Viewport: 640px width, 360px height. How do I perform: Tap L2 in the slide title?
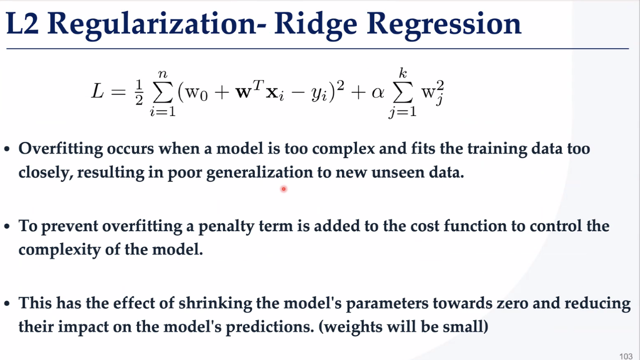coord(22,23)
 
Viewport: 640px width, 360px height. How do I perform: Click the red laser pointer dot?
coord(283,189)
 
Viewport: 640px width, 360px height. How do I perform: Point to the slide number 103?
coord(626,356)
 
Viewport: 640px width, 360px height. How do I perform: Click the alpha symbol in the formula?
coord(378,92)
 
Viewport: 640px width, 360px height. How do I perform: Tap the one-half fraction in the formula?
coord(139,92)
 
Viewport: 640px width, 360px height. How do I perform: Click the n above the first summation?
coord(162,74)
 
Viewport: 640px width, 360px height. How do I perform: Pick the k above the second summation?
coord(403,73)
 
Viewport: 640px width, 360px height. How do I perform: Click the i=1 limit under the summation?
coord(162,111)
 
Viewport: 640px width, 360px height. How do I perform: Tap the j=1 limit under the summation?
coord(402,111)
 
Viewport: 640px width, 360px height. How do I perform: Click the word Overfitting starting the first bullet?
coord(61,149)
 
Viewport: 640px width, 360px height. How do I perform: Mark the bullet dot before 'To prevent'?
coord(7,227)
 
